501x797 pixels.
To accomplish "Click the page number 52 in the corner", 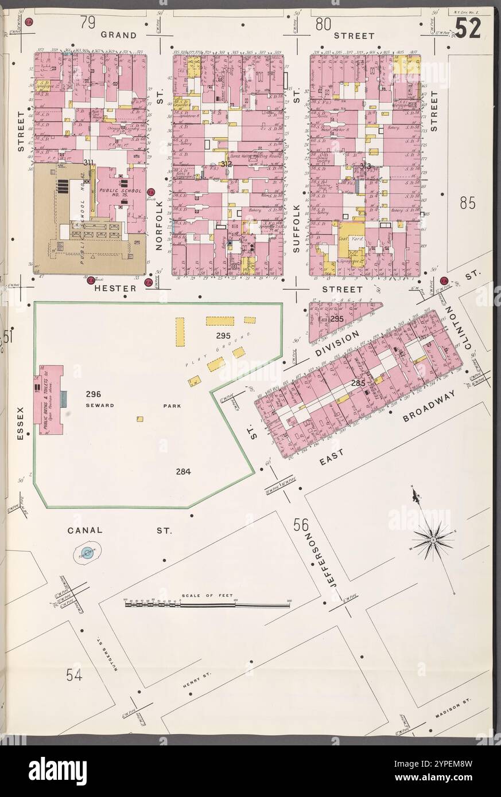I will point(468,28).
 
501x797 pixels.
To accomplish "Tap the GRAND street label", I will point(119,35).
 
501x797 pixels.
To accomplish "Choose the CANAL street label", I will point(85,530).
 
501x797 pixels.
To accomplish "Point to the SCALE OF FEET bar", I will point(207,603).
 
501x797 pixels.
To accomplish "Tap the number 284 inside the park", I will point(183,472).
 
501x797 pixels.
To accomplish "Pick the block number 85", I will point(468,204).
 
